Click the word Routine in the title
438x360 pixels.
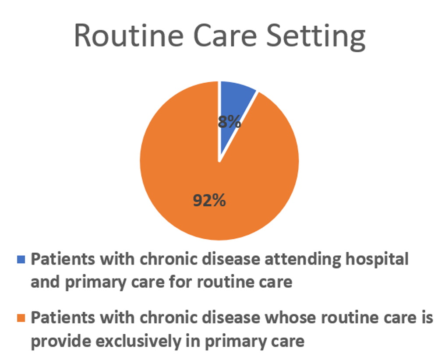click(x=129, y=36)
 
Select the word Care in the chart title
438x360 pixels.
click(x=225, y=36)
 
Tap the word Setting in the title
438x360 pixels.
click(x=316, y=38)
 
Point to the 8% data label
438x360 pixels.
click(x=230, y=122)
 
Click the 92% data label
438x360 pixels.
click(x=209, y=200)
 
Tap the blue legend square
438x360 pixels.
click(x=21, y=259)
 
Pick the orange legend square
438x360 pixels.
click(x=21, y=318)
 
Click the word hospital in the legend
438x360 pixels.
click(x=377, y=260)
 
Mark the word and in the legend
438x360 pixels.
click(x=45, y=282)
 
